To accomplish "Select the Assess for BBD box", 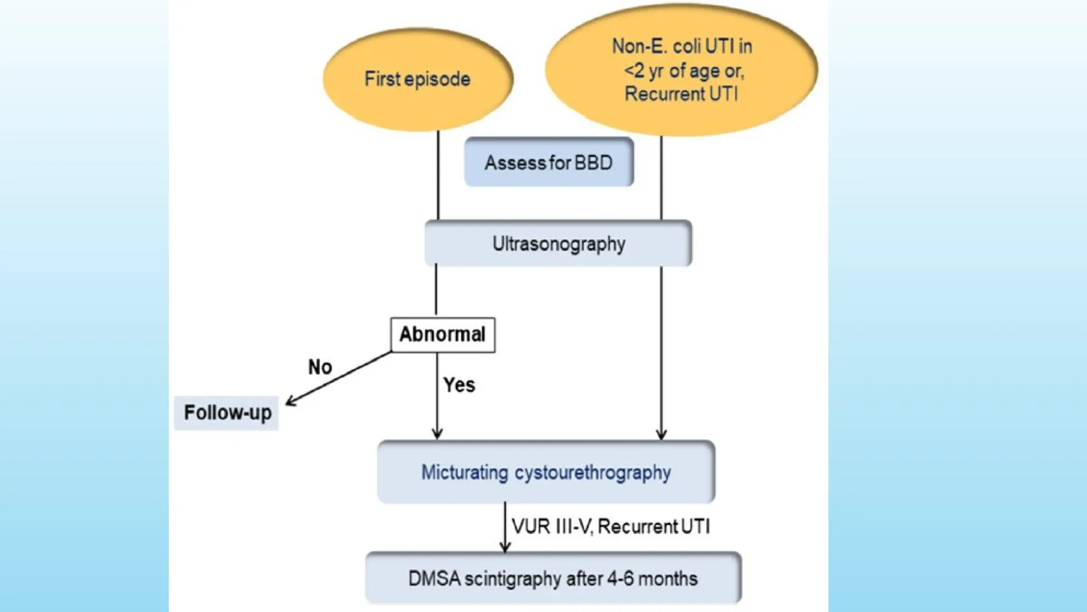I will click(549, 162).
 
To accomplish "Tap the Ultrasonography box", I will click(558, 244).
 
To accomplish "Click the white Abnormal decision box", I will click(443, 335).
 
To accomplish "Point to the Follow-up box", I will click(227, 413).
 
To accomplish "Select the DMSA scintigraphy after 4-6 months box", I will click(553, 579).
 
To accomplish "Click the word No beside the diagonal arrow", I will click(320, 367).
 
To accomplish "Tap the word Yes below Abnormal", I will click(459, 385).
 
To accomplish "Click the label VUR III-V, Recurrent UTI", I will click(610, 526).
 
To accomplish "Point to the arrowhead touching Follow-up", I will click(290, 403).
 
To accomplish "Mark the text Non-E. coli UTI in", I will click(682, 46).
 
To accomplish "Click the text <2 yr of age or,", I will click(684, 71).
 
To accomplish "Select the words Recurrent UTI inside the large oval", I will click(681, 94).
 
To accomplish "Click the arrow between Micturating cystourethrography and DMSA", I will click(505, 527).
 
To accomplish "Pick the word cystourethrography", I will click(592, 472).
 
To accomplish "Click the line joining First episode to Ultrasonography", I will click(438, 175).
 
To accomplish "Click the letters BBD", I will click(593, 162).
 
